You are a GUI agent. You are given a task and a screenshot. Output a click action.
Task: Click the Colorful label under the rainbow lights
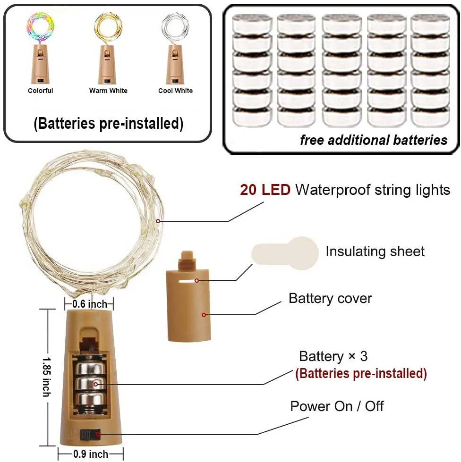tap(41, 91)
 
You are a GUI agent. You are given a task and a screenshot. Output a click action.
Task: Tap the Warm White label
tap(108, 91)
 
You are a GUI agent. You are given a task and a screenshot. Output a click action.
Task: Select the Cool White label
tap(175, 91)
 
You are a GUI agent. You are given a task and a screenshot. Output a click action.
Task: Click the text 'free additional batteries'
tap(373, 140)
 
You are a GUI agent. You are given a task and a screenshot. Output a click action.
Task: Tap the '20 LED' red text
tap(265, 190)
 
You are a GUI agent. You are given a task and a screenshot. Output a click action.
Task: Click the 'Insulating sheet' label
tap(375, 252)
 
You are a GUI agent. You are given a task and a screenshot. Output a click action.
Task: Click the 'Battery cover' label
tap(330, 298)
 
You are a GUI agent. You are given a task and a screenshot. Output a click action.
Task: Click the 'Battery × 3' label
tap(333, 356)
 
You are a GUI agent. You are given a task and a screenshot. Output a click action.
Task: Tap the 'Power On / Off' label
tap(337, 406)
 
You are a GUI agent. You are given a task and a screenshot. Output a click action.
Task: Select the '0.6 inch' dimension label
tap(90, 304)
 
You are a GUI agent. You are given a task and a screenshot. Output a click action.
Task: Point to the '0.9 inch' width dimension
tap(91, 454)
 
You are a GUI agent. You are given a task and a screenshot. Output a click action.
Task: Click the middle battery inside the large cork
tap(93, 383)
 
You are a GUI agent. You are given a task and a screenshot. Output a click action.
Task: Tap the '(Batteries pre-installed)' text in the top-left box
tap(108, 124)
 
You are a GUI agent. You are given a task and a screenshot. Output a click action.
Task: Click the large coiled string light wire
tap(90, 222)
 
